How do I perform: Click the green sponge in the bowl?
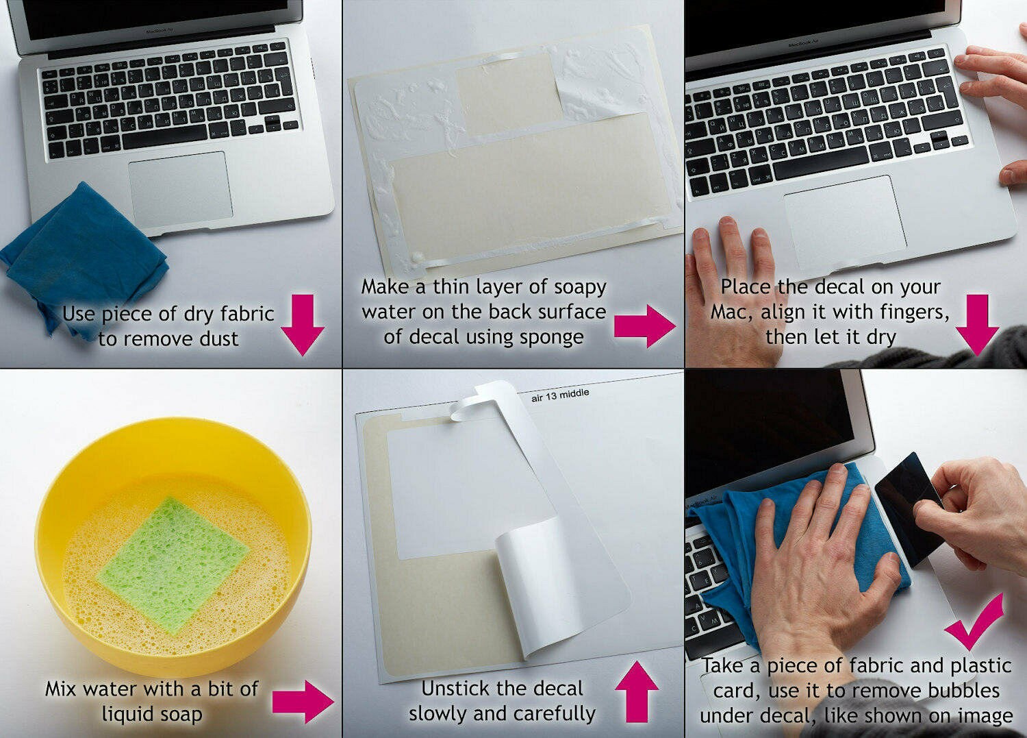(x=173, y=565)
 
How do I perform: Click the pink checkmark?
(x=975, y=622)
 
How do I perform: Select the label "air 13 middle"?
(x=560, y=395)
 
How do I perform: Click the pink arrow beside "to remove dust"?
(x=303, y=325)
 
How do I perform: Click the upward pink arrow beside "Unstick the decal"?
(x=637, y=691)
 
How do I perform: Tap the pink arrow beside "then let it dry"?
(x=977, y=325)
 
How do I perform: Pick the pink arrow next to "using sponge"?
(x=645, y=326)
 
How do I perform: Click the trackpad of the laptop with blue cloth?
(x=180, y=188)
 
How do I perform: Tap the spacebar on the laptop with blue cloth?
(x=164, y=136)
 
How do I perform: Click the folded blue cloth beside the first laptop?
(x=83, y=257)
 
